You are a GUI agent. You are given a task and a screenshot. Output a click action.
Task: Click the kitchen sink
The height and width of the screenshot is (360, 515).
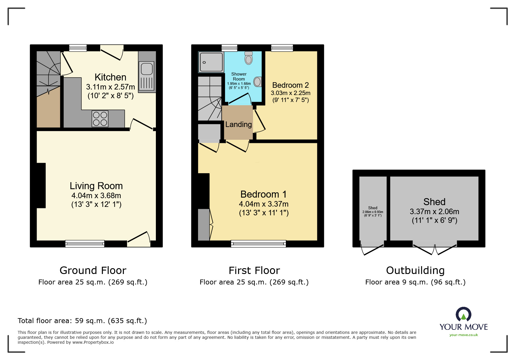[147, 69]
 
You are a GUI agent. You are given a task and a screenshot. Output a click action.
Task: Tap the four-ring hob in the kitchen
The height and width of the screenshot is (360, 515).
[100, 119]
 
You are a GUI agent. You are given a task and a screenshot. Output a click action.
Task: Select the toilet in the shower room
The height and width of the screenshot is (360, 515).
[248, 58]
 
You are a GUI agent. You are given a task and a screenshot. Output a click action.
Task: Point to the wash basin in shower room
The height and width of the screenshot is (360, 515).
[258, 82]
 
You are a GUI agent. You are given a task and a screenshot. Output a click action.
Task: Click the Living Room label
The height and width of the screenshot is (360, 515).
[96, 186]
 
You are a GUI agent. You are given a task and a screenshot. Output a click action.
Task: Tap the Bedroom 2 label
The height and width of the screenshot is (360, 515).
[290, 85]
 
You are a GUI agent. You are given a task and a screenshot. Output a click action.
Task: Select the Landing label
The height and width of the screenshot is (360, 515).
[238, 124]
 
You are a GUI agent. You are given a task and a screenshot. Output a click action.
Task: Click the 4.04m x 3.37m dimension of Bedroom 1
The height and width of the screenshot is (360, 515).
[263, 204]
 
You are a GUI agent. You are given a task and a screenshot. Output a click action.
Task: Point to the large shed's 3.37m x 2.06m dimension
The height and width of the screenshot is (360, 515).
[434, 212]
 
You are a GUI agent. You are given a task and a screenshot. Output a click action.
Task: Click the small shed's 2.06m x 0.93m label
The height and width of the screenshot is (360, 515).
[373, 212]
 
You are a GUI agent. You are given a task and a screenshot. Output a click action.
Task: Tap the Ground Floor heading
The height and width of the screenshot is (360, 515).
[93, 271]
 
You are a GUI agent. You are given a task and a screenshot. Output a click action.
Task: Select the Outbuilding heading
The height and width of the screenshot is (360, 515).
[415, 271]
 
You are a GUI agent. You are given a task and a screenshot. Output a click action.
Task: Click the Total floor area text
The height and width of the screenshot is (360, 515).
[82, 321]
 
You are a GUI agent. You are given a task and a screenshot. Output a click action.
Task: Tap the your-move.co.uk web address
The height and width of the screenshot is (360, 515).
[464, 335]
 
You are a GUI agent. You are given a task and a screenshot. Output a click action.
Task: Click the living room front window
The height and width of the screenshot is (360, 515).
[85, 244]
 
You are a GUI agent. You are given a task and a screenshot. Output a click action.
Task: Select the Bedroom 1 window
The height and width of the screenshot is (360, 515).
[258, 244]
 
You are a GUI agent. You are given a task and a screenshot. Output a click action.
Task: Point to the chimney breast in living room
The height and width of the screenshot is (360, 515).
[41, 185]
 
